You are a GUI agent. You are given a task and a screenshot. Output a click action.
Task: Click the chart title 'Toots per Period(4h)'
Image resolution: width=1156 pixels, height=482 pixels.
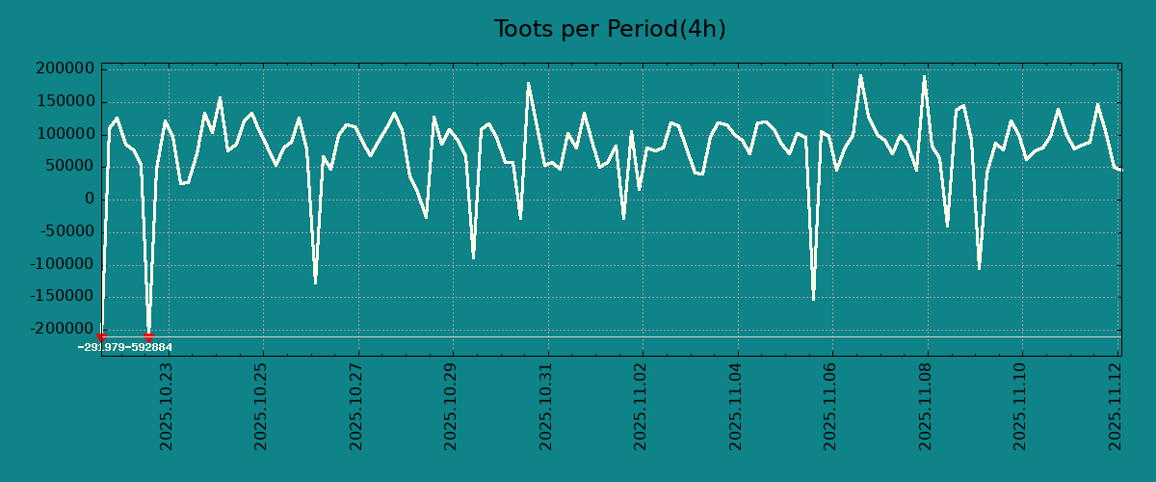coord(610,29)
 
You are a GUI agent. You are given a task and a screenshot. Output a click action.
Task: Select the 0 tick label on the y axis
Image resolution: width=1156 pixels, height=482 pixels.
coord(90,199)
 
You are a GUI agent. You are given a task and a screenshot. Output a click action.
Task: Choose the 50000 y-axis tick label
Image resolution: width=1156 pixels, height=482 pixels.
coord(71,166)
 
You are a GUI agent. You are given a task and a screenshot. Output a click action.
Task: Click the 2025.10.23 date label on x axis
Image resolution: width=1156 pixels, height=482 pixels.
coord(166,406)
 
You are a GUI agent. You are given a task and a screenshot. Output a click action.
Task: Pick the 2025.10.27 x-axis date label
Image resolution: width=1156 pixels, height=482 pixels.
coord(356,406)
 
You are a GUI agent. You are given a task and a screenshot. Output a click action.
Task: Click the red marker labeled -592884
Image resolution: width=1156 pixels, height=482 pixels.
coord(148,336)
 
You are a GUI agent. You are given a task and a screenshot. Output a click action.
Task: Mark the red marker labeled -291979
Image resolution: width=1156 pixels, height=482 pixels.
coord(101,336)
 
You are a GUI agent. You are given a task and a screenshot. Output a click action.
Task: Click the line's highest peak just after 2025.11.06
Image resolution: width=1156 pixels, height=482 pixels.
coord(860,75)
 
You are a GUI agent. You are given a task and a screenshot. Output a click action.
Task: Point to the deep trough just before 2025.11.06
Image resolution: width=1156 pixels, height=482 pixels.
coord(813,299)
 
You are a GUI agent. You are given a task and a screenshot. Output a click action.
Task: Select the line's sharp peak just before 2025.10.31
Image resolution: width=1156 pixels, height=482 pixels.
coord(528,83)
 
